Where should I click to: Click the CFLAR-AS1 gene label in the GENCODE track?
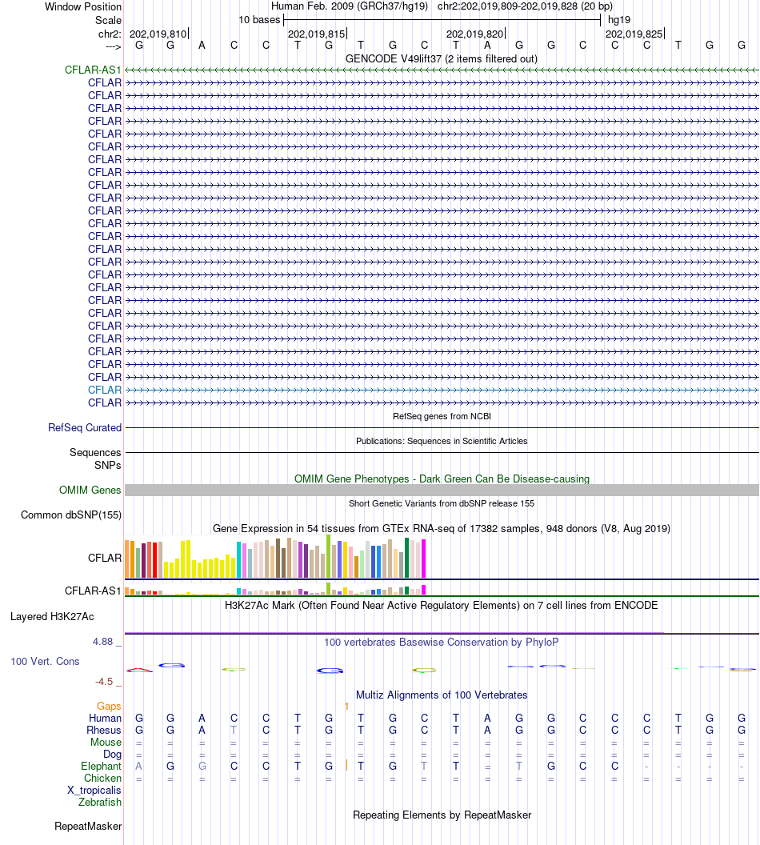(93, 70)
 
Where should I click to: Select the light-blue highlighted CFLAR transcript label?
(105, 390)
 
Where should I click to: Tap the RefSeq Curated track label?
(85, 428)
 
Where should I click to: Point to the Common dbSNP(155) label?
(71, 515)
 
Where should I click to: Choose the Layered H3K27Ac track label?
(52, 617)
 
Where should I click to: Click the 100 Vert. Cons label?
(45, 662)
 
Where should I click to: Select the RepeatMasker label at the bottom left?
(88, 826)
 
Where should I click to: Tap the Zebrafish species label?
(100, 802)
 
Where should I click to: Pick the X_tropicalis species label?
(94, 790)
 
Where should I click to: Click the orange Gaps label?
(109, 707)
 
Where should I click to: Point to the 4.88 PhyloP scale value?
(107, 642)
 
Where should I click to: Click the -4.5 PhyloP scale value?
(108, 682)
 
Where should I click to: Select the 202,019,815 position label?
(316, 34)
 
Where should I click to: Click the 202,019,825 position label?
(634, 34)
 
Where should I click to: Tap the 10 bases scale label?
(259, 19)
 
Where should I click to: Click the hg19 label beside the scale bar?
(619, 19)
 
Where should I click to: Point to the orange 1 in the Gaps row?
(346, 707)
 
